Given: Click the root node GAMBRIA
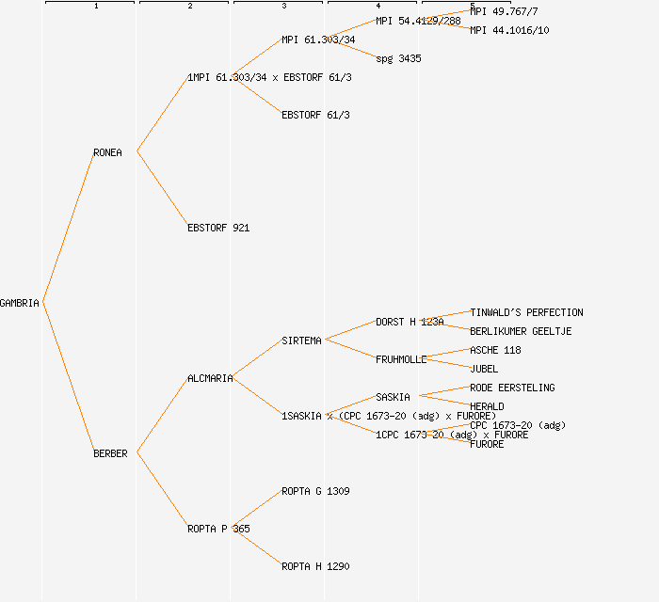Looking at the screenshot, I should [x=20, y=303].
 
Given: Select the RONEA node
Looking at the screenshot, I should [x=107, y=152].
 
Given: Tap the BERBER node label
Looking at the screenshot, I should [x=110, y=453].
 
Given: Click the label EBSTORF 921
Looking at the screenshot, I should [x=218, y=228].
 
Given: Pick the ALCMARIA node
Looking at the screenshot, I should [x=210, y=378].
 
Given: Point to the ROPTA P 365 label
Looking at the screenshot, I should [x=218, y=529].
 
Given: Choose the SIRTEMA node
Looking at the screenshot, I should [x=301, y=341].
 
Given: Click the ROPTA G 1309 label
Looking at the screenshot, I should [x=315, y=491].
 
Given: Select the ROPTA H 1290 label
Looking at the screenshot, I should [x=315, y=566].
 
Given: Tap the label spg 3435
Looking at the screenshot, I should [x=398, y=58].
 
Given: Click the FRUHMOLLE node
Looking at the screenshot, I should [x=401, y=359].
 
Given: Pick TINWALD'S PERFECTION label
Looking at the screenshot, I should [x=526, y=312].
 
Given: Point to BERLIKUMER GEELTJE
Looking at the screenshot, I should [x=521, y=331].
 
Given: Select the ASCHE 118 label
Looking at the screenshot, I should [x=495, y=350].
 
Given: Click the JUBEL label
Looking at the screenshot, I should [x=484, y=369].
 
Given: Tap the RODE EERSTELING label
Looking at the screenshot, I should [x=512, y=388].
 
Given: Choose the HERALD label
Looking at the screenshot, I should [x=487, y=406].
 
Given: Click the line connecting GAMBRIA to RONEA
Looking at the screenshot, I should [x=68, y=227].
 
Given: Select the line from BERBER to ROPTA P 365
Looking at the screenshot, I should [x=162, y=490].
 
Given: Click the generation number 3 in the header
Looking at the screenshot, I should [x=283, y=7].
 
